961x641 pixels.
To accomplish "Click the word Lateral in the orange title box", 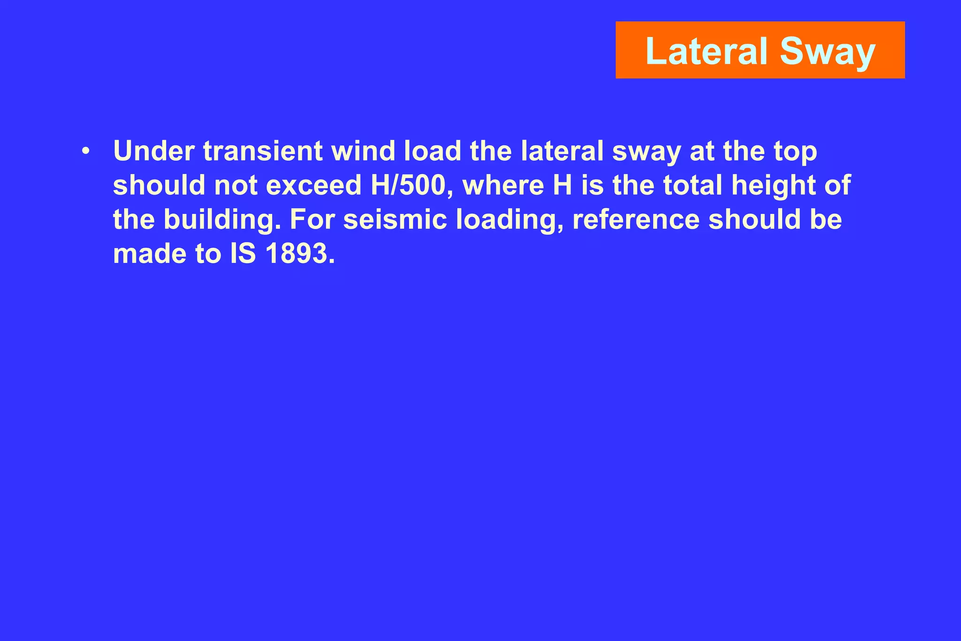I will click(708, 51).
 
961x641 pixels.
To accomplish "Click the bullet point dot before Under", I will click(85, 152).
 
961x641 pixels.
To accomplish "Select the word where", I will click(503, 185).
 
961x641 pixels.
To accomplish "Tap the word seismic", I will click(396, 220).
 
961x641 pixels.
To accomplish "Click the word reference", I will click(636, 220).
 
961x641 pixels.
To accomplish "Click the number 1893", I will click(300, 254).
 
